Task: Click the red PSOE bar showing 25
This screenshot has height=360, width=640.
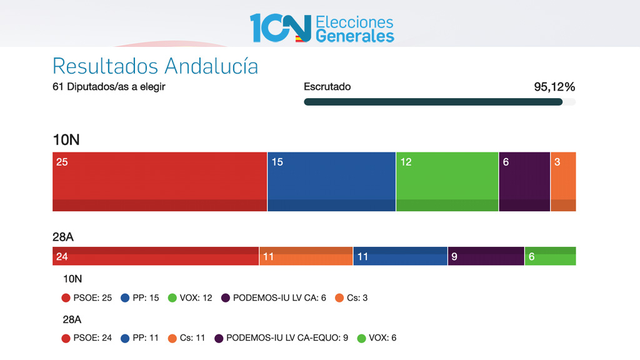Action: [x=159, y=181]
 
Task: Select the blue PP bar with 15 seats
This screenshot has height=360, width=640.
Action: [x=331, y=181]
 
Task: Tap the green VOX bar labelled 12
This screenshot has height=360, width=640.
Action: [x=447, y=181]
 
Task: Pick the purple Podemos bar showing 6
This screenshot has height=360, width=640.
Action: [x=524, y=181]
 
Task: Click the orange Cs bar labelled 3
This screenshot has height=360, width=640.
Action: [x=563, y=181]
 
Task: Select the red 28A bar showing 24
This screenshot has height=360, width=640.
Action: [x=156, y=256]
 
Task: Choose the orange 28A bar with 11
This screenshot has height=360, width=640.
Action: [x=306, y=256]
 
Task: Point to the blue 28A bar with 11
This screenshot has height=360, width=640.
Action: [x=400, y=256]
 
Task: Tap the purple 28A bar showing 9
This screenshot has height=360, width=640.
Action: [x=486, y=256]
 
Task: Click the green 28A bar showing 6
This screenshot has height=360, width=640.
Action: [x=550, y=256]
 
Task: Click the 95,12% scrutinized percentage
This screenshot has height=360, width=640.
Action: [x=554, y=87]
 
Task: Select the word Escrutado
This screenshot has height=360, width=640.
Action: [x=327, y=87]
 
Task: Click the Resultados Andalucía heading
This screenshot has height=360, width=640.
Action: [x=155, y=66]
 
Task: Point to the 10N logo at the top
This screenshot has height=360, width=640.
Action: [x=281, y=27]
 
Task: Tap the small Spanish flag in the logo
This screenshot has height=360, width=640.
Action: [x=300, y=38]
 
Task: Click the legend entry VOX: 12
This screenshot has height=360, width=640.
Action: [x=190, y=298]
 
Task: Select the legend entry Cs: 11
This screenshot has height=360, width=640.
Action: [x=187, y=338]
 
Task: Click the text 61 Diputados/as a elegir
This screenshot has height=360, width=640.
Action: [x=109, y=87]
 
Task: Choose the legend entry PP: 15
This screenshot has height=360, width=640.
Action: [x=141, y=298]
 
